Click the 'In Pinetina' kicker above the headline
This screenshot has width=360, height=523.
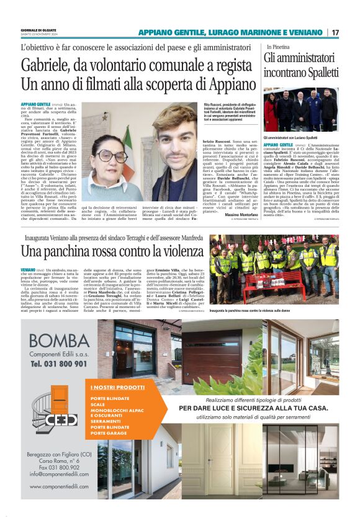coord(278,47)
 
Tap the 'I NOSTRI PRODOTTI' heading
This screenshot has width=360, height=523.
coord(117,387)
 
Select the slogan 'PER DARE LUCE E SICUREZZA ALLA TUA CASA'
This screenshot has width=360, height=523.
coord(254,407)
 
